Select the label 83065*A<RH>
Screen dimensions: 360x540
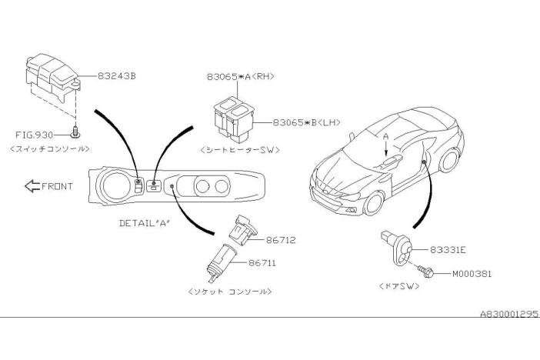(241, 77)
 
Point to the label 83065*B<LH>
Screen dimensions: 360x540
(306, 122)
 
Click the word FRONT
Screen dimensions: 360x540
(58, 186)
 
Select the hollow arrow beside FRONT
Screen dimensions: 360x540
(31, 186)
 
